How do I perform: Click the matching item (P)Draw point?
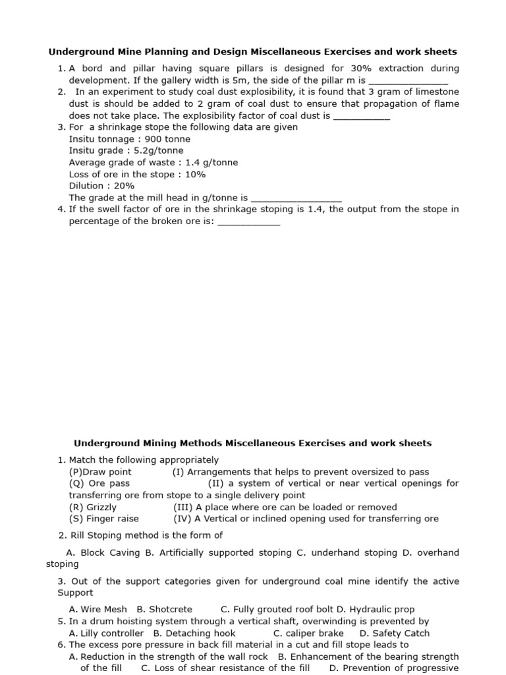tap(100, 472)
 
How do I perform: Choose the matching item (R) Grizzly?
tap(93, 507)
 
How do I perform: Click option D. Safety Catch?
tap(394, 633)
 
